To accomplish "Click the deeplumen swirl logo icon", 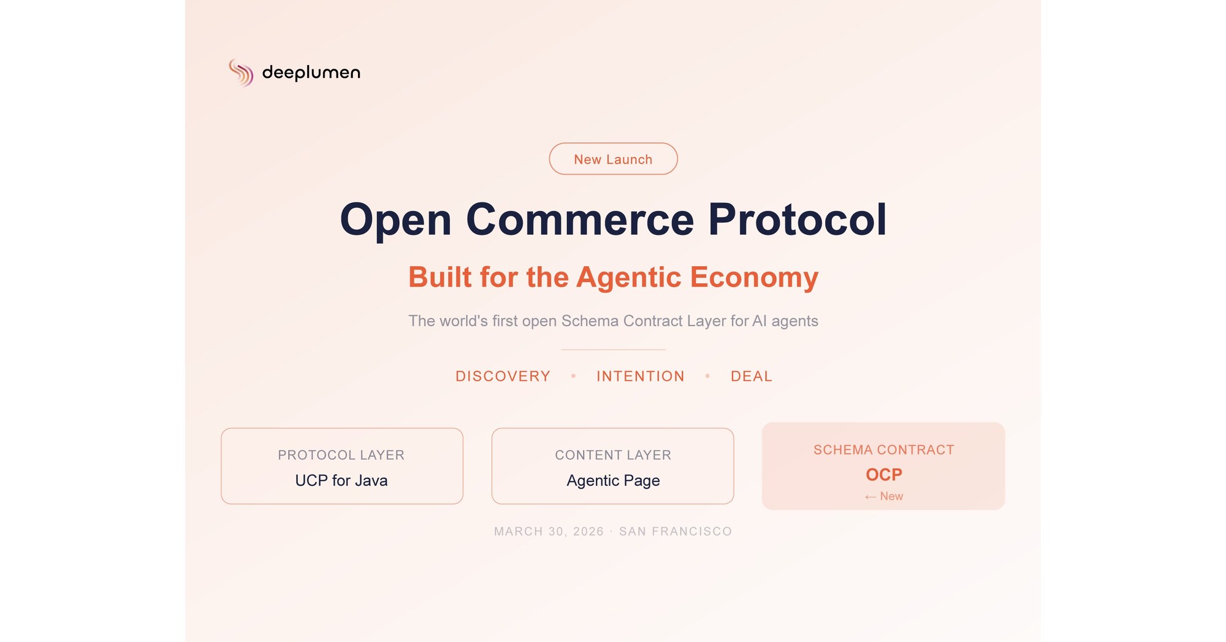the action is click(x=241, y=72).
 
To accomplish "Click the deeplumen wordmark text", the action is click(x=311, y=72).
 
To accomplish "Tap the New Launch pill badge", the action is click(x=613, y=159).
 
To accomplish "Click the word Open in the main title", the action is click(x=396, y=220).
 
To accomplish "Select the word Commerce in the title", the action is click(x=580, y=220).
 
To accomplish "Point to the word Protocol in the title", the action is click(x=798, y=219).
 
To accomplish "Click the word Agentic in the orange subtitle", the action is click(x=629, y=278).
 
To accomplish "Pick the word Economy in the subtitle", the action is click(x=755, y=278).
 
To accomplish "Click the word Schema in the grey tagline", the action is click(x=590, y=321).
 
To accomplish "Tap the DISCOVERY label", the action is click(x=503, y=376).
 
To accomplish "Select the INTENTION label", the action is click(x=641, y=376).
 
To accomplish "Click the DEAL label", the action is click(x=752, y=376).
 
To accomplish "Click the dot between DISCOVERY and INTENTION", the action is click(x=574, y=376).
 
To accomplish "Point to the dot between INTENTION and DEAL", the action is click(x=707, y=376).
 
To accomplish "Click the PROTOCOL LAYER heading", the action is click(x=341, y=455).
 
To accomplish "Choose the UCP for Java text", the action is click(x=341, y=480).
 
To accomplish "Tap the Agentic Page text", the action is click(x=613, y=481).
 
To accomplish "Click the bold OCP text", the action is click(x=884, y=475).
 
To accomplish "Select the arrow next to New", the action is click(x=870, y=497).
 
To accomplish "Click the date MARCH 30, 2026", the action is click(x=549, y=531).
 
